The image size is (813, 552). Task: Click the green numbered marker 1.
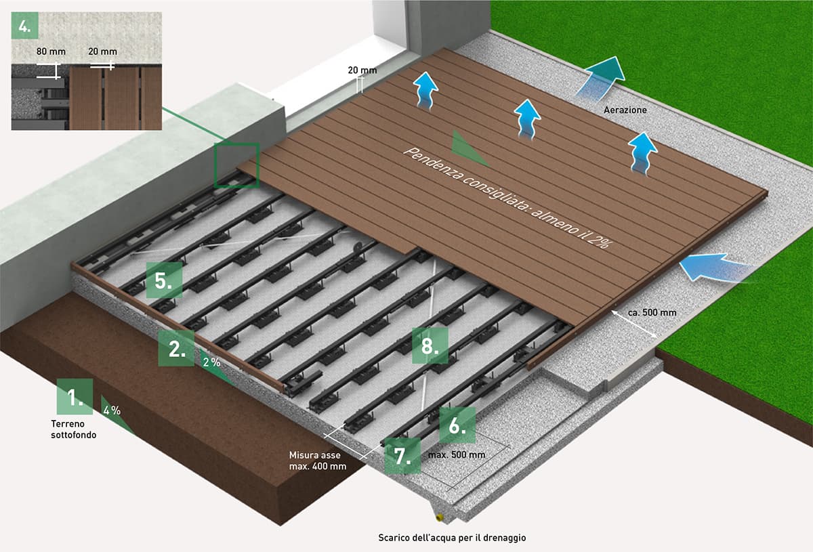pos(75,396)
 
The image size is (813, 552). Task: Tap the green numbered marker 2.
pos(176,348)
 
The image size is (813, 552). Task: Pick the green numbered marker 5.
pos(164,280)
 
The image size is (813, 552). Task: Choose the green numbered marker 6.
pos(457,425)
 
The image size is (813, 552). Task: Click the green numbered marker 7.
pos(402,454)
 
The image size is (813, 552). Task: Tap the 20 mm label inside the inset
pos(102,51)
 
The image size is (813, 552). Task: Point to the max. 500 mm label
pos(457,454)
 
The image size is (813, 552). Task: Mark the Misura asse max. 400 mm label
pos(318,461)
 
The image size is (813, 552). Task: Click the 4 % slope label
pos(112,410)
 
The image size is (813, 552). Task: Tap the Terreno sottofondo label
pos(73,429)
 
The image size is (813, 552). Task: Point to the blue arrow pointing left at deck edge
pos(711,268)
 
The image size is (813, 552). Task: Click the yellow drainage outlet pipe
pos(441,517)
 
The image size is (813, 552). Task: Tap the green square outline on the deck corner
pos(236,165)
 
